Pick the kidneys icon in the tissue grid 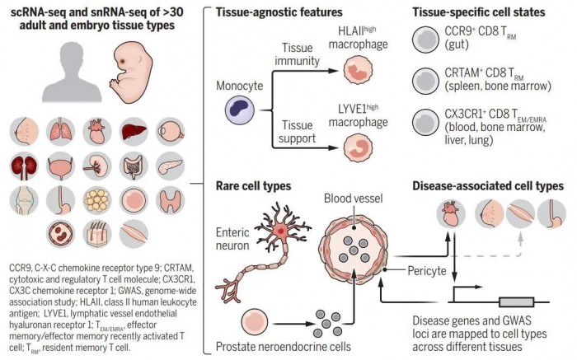24,165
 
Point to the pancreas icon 169,165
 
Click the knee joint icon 24,200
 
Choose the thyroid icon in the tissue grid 169,200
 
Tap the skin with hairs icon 96,235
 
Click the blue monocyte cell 235,109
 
